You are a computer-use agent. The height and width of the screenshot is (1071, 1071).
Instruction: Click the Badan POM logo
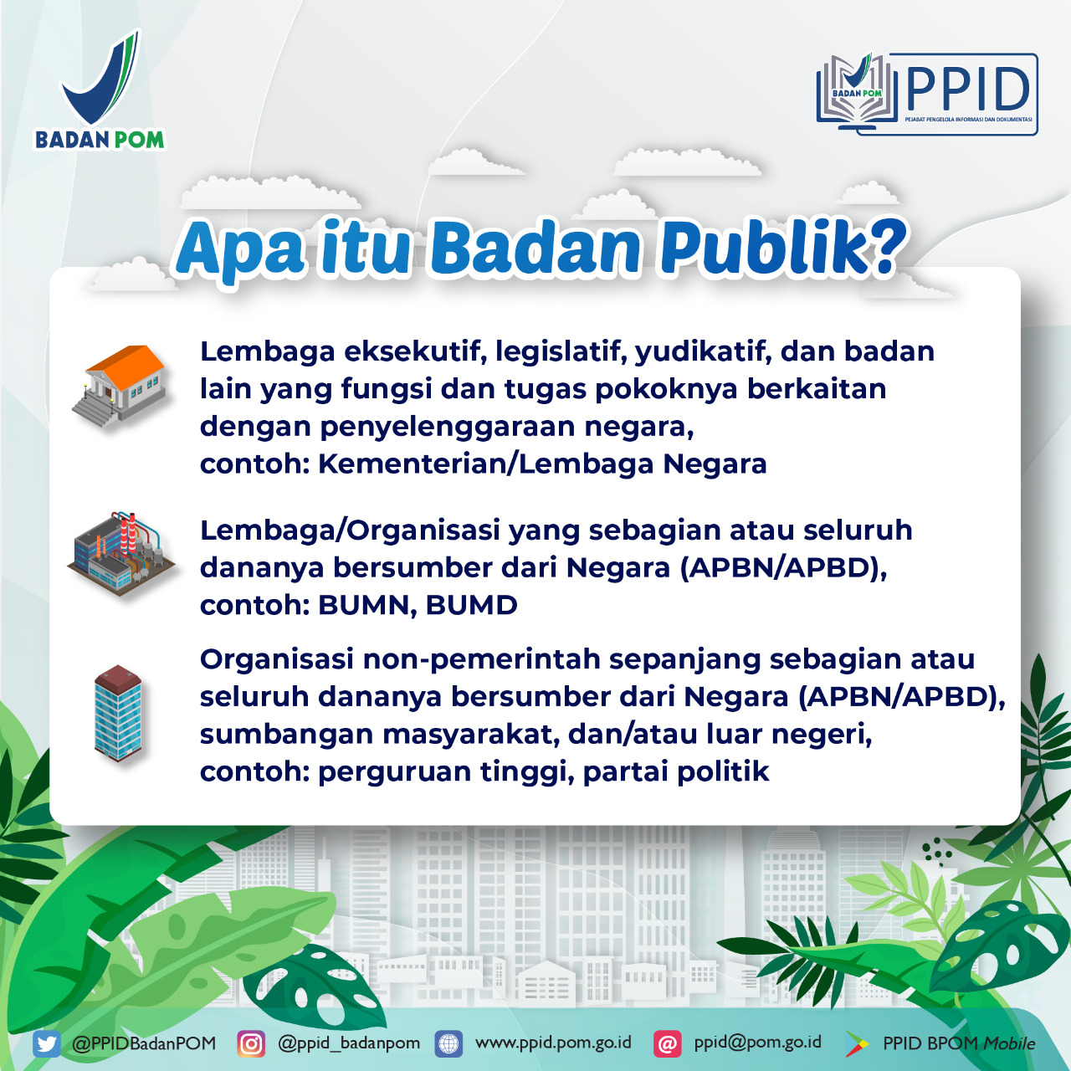coord(100,92)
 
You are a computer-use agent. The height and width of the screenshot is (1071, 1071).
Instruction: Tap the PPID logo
coord(927,94)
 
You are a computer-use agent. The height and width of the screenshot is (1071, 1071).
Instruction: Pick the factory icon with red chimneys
coord(122,553)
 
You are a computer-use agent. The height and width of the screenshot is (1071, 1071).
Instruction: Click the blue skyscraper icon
coord(118,713)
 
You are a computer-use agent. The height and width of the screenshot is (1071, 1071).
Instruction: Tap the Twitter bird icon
coord(47,1044)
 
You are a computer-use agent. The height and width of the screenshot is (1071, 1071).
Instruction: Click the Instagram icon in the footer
coord(251,1044)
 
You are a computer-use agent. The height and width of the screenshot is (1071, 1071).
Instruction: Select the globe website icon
coord(449,1044)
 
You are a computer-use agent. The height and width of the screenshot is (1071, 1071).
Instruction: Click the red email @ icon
coord(667,1044)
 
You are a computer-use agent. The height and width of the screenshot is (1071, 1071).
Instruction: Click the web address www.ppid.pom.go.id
coord(553,1043)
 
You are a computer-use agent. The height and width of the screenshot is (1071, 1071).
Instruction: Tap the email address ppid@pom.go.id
coord(757,1043)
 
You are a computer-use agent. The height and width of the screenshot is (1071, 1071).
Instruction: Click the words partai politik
coord(675,771)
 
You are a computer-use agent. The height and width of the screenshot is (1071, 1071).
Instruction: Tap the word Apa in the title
coord(240,249)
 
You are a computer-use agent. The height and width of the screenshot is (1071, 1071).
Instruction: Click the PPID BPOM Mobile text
coord(959,1043)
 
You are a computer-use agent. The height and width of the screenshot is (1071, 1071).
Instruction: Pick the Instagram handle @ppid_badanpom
coord(349,1043)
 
